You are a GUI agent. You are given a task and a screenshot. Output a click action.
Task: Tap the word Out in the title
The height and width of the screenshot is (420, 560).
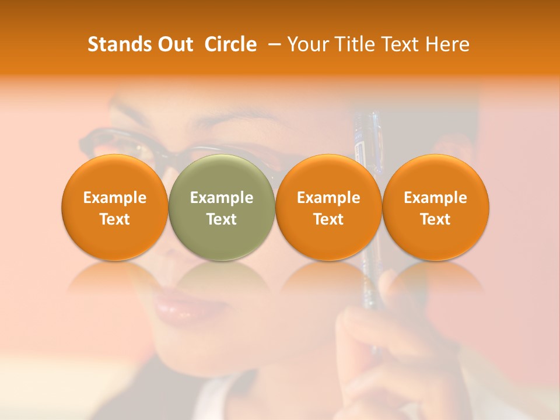click(174, 44)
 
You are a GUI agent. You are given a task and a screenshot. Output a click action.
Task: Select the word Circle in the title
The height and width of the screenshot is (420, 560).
click(230, 44)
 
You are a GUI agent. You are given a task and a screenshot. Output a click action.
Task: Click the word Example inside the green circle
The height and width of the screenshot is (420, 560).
click(222, 198)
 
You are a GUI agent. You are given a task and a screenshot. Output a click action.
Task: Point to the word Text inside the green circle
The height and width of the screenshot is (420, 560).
click(222, 219)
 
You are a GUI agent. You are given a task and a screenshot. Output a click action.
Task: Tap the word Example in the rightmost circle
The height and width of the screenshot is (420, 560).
click(435, 198)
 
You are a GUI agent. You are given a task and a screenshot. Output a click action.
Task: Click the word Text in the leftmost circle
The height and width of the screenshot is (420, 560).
click(114, 219)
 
